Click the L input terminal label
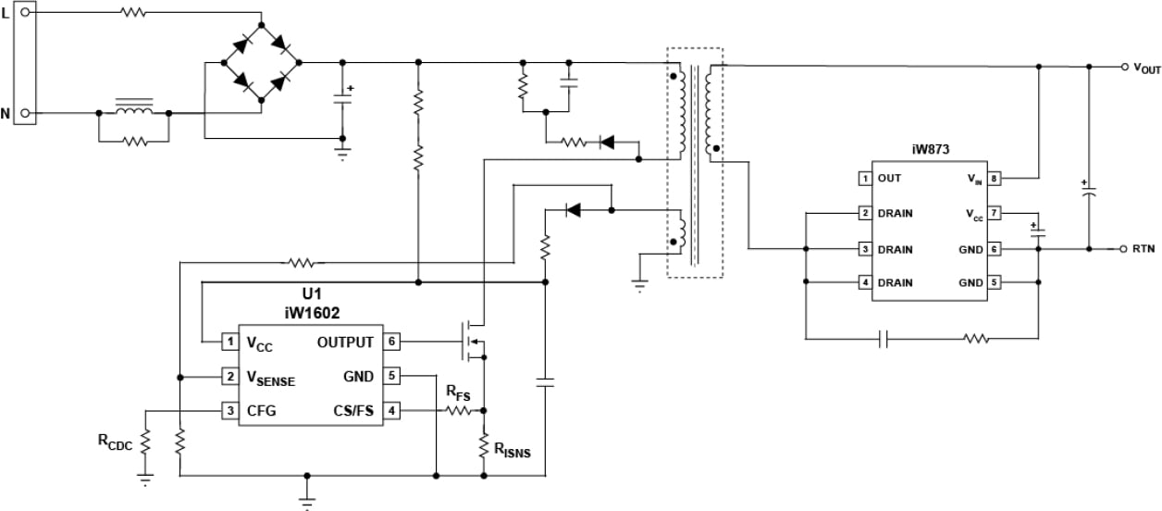tap(6, 13)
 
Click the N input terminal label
tap(6, 114)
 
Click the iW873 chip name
tap(930, 148)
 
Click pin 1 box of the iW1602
tap(229, 343)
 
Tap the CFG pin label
tap(261, 411)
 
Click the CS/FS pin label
tap(353, 411)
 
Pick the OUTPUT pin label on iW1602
tap(345, 343)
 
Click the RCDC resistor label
tap(115, 442)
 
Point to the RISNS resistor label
tap(512, 451)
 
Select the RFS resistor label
tap(458, 393)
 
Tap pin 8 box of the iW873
tap(995, 179)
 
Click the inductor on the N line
tap(133, 109)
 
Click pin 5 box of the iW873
tap(995, 283)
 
